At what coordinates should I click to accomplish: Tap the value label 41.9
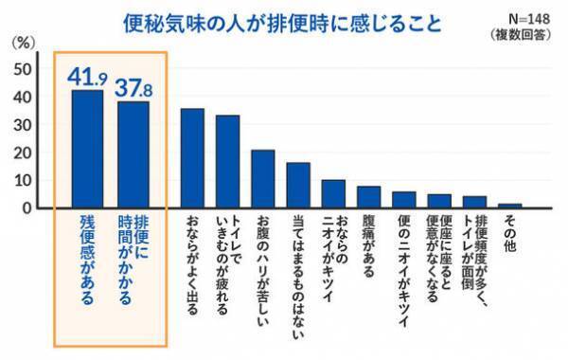tap(87, 75)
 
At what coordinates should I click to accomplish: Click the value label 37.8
tap(134, 87)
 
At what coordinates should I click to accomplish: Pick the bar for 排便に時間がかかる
tap(134, 154)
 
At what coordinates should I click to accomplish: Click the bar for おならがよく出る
tap(192, 158)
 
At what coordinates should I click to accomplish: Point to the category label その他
tap(509, 230)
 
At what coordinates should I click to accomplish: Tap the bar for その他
tap(509, 206)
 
